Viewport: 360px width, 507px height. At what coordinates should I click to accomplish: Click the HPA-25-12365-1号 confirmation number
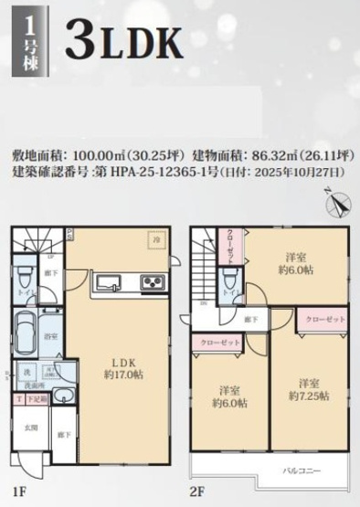[160, 171]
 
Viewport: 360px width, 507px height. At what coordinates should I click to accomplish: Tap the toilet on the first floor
[25, 277]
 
